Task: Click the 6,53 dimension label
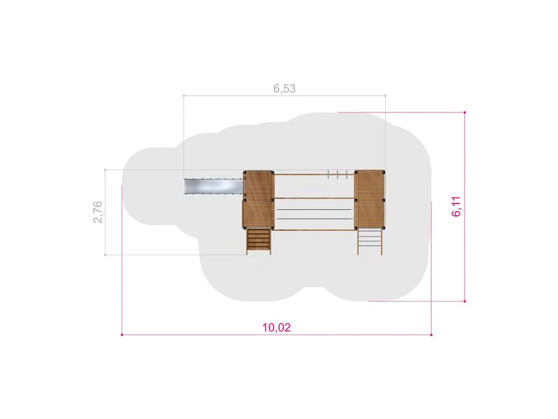285,88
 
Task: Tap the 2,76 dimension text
97,212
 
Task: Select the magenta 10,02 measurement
277,327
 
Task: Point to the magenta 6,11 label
456,207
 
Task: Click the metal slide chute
214,186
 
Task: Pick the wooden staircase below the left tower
259,241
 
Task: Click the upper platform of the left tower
259,186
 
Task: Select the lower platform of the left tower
259,215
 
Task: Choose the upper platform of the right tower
370,186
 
